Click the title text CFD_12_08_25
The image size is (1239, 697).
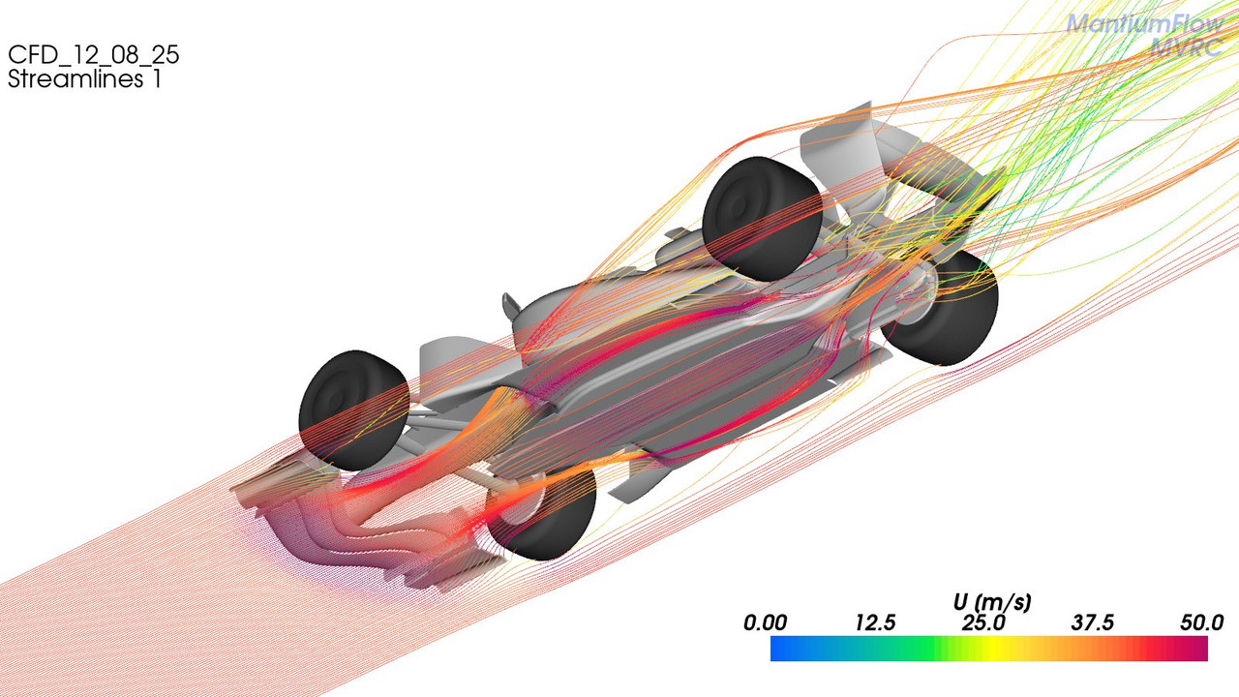(94, 55)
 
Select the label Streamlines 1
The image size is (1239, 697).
(84, 78)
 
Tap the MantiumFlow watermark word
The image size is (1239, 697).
(1145, 24)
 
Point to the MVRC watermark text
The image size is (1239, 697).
(1187, 47)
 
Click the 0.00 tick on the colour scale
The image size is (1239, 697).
(765, 623)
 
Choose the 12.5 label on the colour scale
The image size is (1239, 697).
(875, 623)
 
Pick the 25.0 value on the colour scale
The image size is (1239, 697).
(983, 623)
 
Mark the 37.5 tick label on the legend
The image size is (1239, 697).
(1093, 623)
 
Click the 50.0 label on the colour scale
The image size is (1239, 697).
(1201, 623)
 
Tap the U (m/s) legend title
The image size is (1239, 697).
(992, 602)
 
